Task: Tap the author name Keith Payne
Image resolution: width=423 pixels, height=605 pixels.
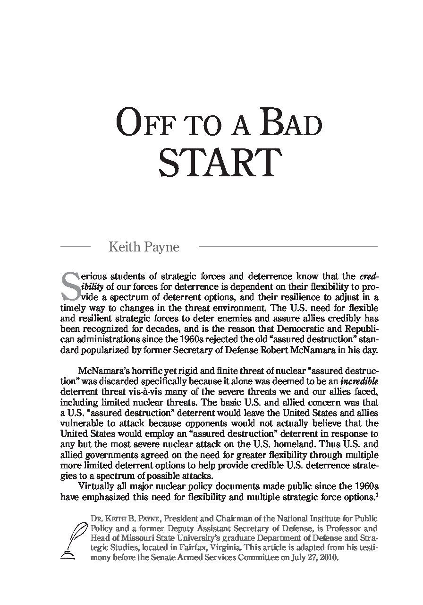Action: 144,247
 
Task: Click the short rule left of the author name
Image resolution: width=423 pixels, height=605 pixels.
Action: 76,247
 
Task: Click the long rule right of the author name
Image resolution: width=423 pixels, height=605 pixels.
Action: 288,247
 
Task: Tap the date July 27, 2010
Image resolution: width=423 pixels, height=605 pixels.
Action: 313,558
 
